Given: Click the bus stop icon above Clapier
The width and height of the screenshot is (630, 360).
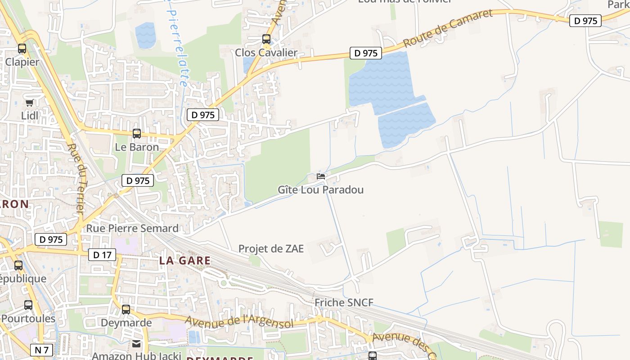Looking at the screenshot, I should [22, 49].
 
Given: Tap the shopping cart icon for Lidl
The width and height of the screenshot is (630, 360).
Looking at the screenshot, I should [30, 103].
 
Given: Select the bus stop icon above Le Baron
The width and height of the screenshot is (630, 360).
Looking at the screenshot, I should [137, 134].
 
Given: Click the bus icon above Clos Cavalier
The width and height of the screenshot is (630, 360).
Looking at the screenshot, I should [266, 39].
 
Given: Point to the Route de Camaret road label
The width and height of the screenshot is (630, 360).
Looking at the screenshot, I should [448, 28].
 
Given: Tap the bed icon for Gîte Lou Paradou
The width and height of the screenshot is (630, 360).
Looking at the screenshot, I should [321, 176].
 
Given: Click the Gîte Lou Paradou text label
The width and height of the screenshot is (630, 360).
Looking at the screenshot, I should [320, 190].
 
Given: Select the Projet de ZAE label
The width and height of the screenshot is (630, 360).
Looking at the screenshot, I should [271, 249].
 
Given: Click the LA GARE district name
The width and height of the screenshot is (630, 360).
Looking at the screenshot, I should [184, 261].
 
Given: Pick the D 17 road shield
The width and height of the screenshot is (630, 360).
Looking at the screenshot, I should [102, 255].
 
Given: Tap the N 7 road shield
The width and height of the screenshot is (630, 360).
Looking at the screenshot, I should [42, 350].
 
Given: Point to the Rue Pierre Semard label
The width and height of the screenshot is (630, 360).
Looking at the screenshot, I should [132, 228].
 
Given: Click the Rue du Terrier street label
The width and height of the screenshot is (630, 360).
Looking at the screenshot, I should [76, 178].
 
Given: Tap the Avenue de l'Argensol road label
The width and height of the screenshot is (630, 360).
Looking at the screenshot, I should [239, 322].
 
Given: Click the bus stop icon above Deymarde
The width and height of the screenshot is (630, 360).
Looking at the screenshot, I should [126, 310].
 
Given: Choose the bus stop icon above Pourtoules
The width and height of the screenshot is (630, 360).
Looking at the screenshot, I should [28, 305].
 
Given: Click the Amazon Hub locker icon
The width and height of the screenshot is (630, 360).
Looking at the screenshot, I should [136, 344].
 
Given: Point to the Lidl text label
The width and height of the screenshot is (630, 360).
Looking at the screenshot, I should [30, 116].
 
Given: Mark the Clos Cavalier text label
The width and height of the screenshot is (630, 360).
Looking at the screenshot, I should [266, 53].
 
